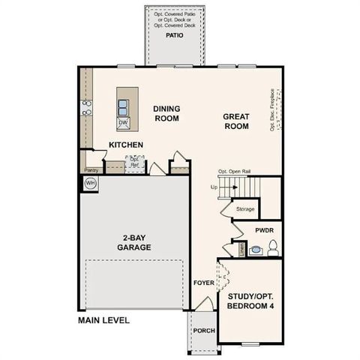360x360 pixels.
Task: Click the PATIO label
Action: coord(174,34)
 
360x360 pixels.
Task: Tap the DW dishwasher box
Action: coord(123,122)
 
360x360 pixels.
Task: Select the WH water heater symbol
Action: coord(90,183)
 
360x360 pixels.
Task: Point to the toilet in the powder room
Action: coord(273,246)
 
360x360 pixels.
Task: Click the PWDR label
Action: coord(264,230)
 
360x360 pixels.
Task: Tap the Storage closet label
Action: coord(245,209)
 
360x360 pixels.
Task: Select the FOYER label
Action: coord(202,283)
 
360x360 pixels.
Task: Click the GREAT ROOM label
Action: coord(235,121)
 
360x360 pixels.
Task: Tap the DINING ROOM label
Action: coord(167,113)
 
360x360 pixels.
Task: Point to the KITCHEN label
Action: coord(126,145)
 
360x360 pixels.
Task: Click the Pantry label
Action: coord(91,170)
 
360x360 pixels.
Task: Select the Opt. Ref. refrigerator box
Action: coord(135,161)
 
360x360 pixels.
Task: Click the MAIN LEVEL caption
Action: coord(103,320)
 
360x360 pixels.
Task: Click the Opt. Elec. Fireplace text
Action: coord(271,111)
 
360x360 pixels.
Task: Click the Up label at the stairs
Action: coord(214,187)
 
